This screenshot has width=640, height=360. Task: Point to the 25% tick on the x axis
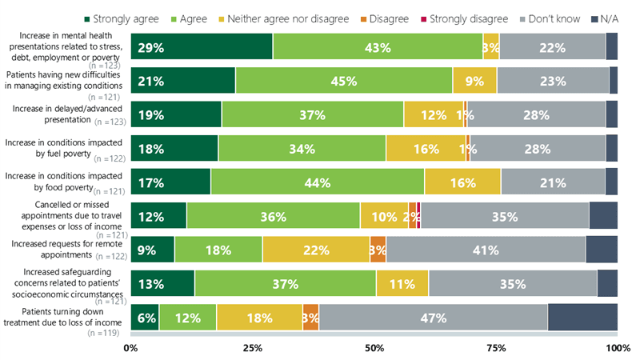pos(252,348)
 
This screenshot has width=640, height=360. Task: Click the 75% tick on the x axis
pos(495,348)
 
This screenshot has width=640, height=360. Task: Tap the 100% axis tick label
pos(617,348)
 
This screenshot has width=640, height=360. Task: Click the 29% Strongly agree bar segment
pos(202,47)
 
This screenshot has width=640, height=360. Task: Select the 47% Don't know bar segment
pos(433,318)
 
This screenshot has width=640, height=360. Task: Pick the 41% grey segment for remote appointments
pos(486,250)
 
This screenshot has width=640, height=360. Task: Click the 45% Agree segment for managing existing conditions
pos(344,81)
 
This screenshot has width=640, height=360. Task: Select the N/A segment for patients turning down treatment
pos(582,318)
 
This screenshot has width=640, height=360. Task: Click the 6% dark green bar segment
pos(145,318)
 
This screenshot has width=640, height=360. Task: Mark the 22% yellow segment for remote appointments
pos(316,250)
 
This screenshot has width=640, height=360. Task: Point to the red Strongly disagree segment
pos(418,216)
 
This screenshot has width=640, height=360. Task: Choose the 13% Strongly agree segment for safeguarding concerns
pos(162,284)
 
